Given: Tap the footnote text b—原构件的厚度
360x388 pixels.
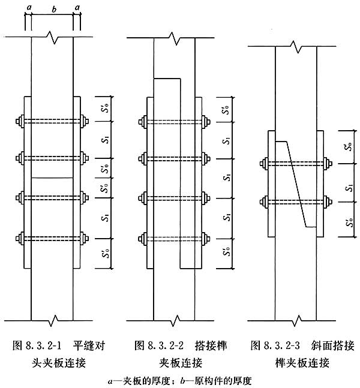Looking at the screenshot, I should click(x=208, y=379).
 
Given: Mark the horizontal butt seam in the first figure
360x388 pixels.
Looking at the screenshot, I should click(x=52, y=178).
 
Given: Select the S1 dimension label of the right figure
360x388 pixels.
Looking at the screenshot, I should click(x=349, y=188).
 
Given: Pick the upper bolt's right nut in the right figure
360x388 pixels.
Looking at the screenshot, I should click(x=328, y=163).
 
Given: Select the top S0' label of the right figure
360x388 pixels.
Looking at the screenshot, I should click(x=349, y=145).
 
